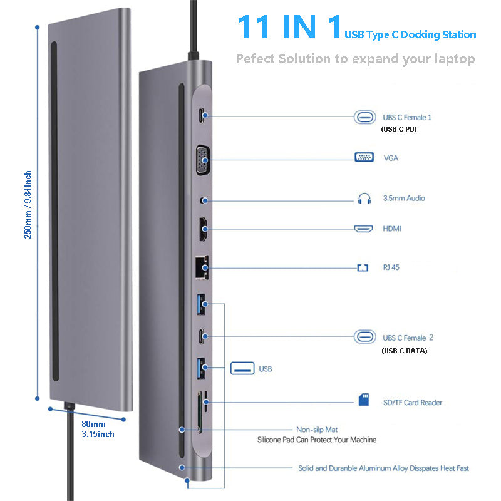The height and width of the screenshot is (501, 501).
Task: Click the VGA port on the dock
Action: (202, 157)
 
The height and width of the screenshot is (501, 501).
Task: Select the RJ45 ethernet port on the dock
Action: (202, 267)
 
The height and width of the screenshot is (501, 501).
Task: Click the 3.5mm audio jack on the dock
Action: (202, 199)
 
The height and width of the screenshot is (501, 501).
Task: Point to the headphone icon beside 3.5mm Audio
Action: (364, 199)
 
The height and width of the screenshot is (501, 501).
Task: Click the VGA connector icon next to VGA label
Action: (364, 158)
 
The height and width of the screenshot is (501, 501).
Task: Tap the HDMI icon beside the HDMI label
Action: (364, 229)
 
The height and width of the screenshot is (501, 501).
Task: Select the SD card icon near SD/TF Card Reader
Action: (364, 400)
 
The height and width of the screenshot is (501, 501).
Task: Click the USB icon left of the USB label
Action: (242, 368)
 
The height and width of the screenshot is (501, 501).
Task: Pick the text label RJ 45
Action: (391, 267)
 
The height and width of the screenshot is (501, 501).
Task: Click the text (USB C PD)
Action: (398, 130)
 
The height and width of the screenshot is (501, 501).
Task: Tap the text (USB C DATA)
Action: (404, 351)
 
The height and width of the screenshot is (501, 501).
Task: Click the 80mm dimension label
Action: (93, 423)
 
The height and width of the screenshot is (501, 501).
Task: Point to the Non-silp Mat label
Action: (317, 430)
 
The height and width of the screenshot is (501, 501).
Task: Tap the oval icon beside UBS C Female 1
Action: (364, 117)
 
